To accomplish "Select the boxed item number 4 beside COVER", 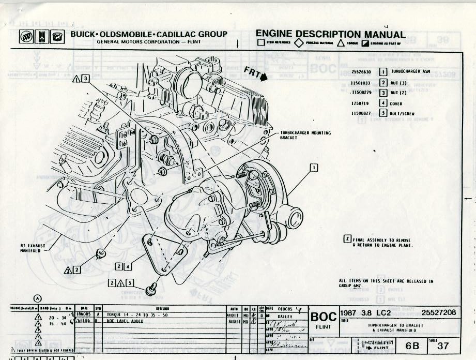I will (x=383, y=103).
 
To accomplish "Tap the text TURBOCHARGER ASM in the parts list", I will (x=410, y=72).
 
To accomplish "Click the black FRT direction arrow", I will (x=265, y=78).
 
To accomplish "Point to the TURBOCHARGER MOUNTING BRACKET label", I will (x=305, y=136).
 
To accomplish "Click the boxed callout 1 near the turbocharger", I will (x=314, y=167).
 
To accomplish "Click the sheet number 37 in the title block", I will (x=442, y=346).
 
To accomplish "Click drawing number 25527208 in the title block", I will (x=439, y=313).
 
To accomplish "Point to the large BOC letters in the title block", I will (x=323, y=316).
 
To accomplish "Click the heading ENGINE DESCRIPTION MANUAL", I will (x=330, y=34).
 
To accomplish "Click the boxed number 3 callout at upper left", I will (x=85, y=79).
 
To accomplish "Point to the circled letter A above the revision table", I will (x=38, y=297).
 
